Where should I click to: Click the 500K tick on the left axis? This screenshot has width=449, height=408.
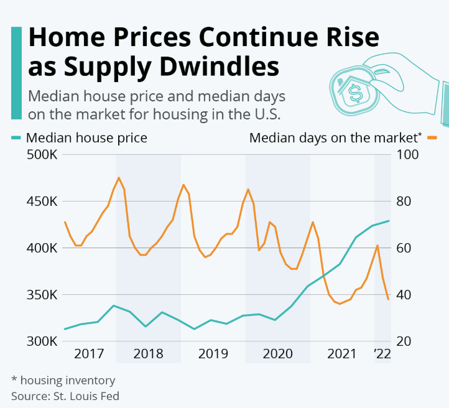(x=42, y=155)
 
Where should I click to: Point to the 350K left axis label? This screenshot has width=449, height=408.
(x=42, y=295)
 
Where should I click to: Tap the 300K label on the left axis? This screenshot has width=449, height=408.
(x=42, y=341)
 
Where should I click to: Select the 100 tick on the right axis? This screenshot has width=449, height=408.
(x=405, y=155)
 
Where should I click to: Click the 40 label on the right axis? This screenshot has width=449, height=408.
(x=402, y=295)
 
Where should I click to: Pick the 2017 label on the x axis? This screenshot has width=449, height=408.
(x=88, y=354)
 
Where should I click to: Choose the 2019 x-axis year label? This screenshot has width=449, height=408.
(x=213, y=354)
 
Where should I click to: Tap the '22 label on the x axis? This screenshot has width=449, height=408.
(x=382, y=354)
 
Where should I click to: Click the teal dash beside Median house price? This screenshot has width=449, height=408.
(x=16, y=137)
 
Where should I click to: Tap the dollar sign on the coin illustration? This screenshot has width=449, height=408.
(x=356, y=94)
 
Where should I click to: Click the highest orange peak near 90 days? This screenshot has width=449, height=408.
(x=119, y=178)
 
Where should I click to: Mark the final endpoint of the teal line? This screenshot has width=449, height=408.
(x=389, y=221)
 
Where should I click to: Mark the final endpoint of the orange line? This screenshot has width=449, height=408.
(x=389, y=299)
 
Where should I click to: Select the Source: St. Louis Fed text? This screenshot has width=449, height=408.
(x=65, y=395)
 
